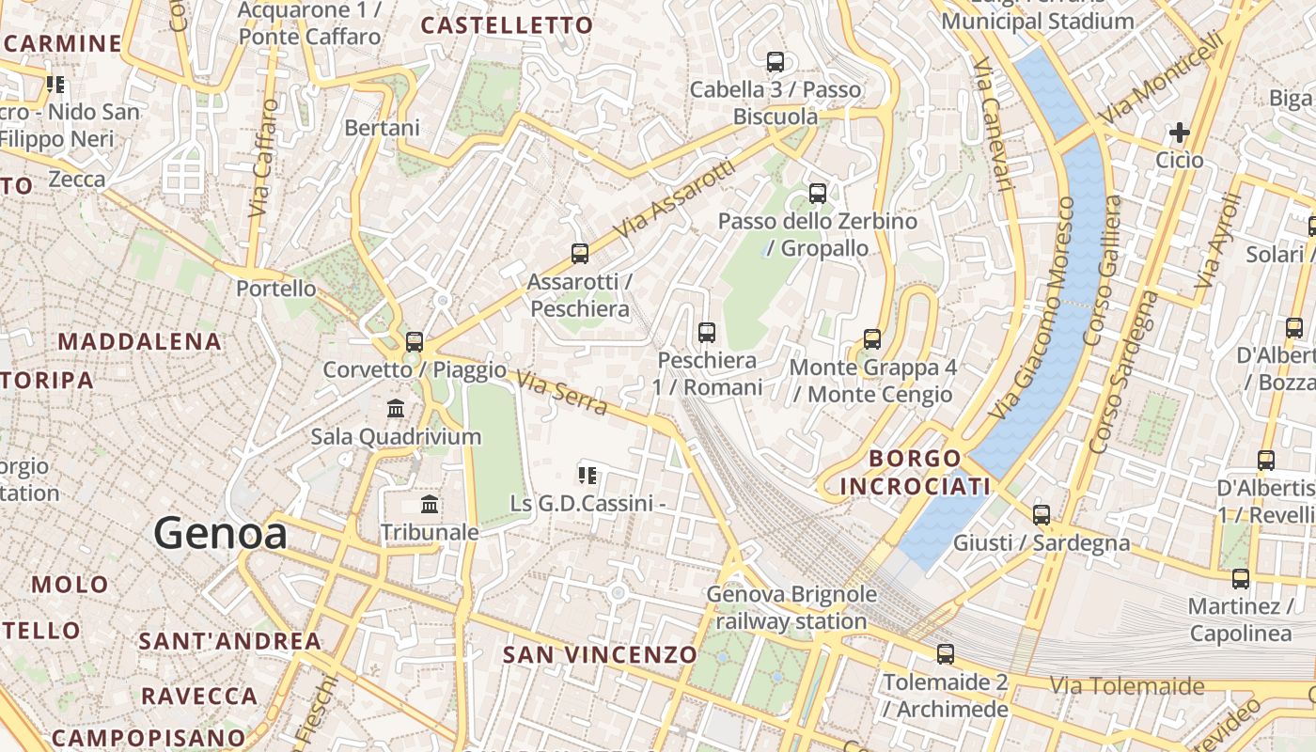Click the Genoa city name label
pos(221,533)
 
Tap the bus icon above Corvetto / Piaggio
pos(415,341)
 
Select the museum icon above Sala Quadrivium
pos(396,409)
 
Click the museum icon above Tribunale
pos(430,505)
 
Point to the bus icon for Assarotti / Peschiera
pos(580,254)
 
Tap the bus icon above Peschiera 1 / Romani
pos(707,332)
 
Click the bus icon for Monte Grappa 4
pos(872,338)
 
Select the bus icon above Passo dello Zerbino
pos(818,194)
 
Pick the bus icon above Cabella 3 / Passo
pos(775,62)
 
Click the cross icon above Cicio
pos(1180,133)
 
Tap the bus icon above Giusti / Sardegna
pos(1042,515)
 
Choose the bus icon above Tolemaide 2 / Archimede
pos(946,654)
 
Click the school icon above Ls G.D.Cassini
pos(588,476)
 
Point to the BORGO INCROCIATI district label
pos(915,472)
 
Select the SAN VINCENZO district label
pos(601,654)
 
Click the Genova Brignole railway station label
pos(791,607)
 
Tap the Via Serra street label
pos(561,392)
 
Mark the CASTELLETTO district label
pos(507,25)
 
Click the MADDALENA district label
pos(140,341)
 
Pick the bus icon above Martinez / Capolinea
pos(1241,578)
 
